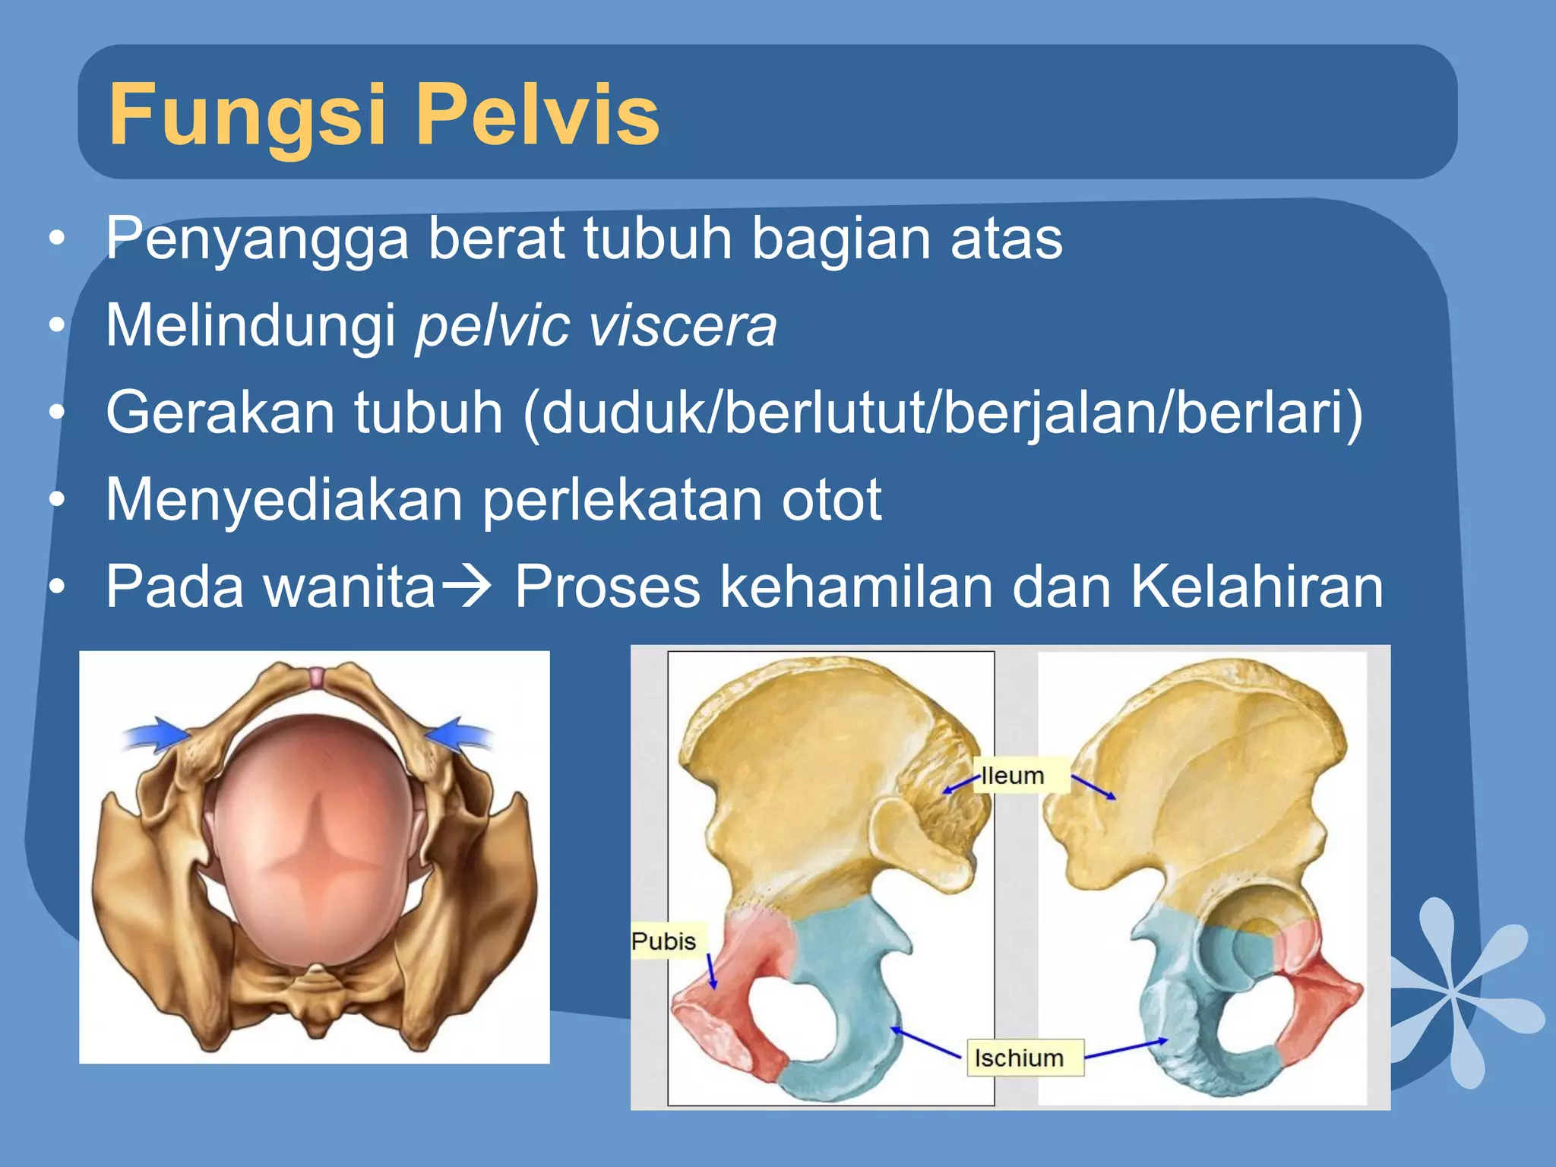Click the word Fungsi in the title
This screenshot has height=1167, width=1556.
tap(247, 115)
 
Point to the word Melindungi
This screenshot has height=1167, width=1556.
tap(251, 326)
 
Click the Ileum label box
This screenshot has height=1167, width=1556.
tap(1013, 776)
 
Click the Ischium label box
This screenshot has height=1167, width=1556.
tap(1019, 1058)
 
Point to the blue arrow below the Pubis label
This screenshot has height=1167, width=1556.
tap(712, 972)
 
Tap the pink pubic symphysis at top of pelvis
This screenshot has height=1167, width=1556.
tap(315, 678)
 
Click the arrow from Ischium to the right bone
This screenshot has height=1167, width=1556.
tap(1125, 1048)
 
